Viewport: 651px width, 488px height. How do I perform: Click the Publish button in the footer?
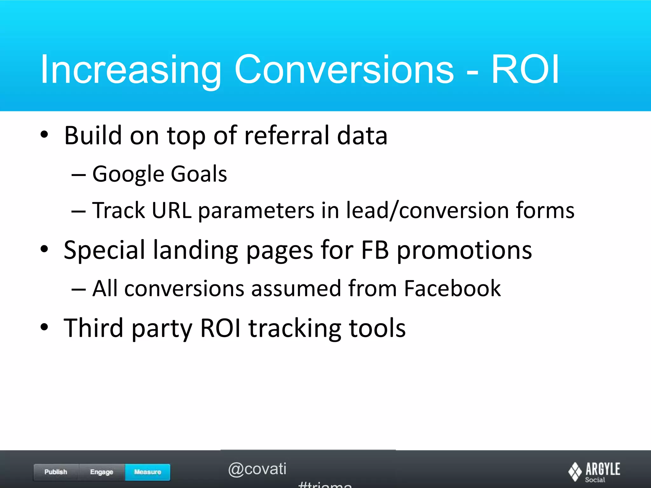56,472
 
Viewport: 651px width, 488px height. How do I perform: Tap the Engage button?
102,472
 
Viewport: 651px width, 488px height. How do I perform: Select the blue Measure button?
147,472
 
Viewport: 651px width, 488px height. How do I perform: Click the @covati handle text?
257,469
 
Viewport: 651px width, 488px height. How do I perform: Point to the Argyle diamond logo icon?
575,471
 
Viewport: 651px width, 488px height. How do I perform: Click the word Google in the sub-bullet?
128,174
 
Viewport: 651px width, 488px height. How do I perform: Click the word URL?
172,210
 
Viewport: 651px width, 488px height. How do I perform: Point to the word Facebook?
452,288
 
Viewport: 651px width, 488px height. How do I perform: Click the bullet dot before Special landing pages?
45,249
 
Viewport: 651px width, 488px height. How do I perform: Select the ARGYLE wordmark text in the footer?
603,469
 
